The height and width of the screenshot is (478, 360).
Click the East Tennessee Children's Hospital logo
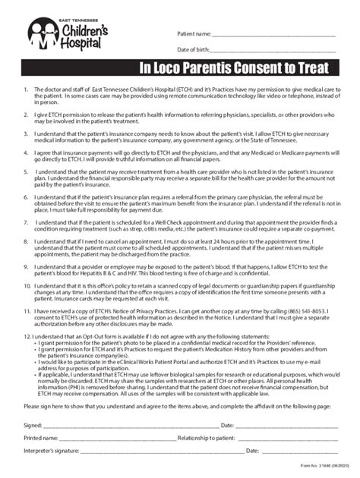click(60, 35)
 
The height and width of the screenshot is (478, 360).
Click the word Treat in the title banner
click(313, 68)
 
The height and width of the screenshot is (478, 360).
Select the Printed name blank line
click(106, 439)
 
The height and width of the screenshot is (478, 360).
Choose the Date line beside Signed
click(285, 426)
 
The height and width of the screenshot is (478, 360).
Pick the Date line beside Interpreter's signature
click(296, 453)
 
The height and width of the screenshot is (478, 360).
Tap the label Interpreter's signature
click(49, 452)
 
